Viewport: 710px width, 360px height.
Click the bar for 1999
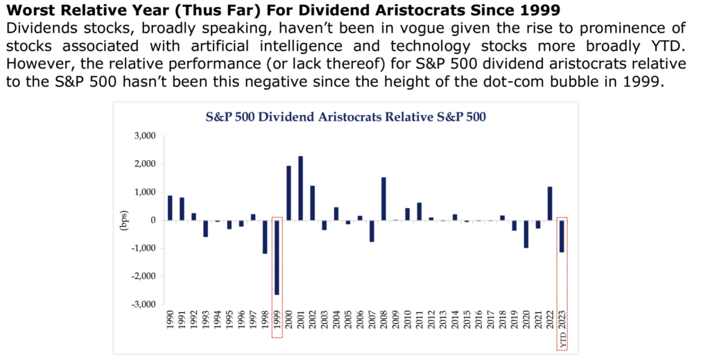pyautogui.click(x=277, y=257)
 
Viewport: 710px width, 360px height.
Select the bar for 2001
pyautogui.click(x=301, y=188)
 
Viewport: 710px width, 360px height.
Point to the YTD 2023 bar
pyautogui.click(x=562, y=236)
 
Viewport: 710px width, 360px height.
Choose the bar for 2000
pyautogui.click(x=289, y=193)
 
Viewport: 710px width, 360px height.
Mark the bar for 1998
pyautogui.click(x=265, y=237)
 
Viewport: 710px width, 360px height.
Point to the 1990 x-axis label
pyautogui.click(x=171, y=324)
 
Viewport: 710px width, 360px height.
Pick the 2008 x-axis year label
pyautogui.click(x=384, y=324)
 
